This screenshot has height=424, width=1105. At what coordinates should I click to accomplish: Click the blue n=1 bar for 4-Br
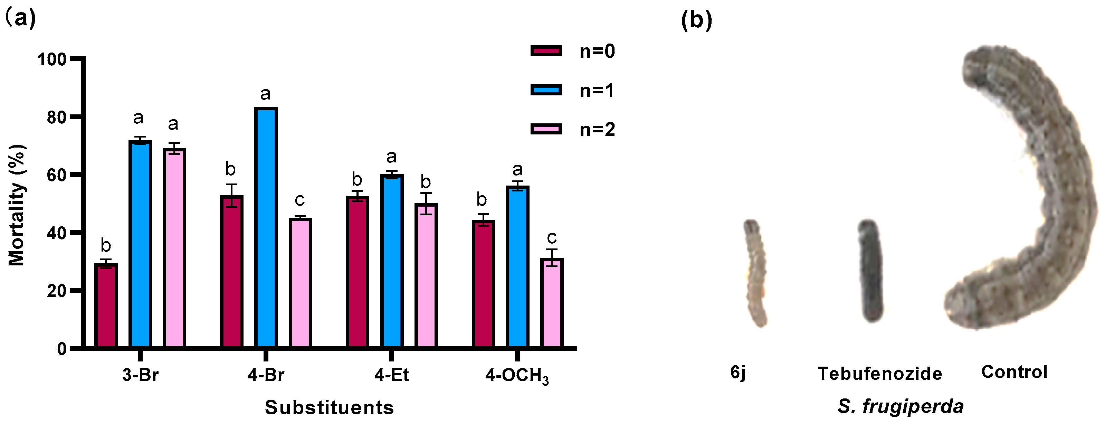coord(266,227)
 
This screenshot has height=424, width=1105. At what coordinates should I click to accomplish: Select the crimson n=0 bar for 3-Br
coord(106,305)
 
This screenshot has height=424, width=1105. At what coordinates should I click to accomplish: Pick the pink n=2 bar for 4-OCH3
coord(552,303)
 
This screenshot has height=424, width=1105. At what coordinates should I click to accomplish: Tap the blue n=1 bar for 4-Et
coord(392,261)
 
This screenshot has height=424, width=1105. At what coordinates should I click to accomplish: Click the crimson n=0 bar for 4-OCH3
coord(483,284)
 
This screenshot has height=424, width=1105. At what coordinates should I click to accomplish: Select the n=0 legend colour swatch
coord(546,51)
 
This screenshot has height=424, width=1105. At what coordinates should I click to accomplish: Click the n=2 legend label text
coord(597,130)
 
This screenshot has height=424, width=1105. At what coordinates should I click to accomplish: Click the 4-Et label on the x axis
coord(392,375)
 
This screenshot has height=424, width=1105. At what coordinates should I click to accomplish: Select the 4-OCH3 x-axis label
coord(517,376)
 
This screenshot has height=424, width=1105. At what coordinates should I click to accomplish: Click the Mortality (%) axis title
coord(17,205)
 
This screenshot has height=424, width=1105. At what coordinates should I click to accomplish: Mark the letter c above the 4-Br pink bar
coord(299,200)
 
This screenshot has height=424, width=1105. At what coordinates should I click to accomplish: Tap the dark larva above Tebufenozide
coord(870,271)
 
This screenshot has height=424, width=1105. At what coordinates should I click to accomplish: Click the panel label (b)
coord(696,20)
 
